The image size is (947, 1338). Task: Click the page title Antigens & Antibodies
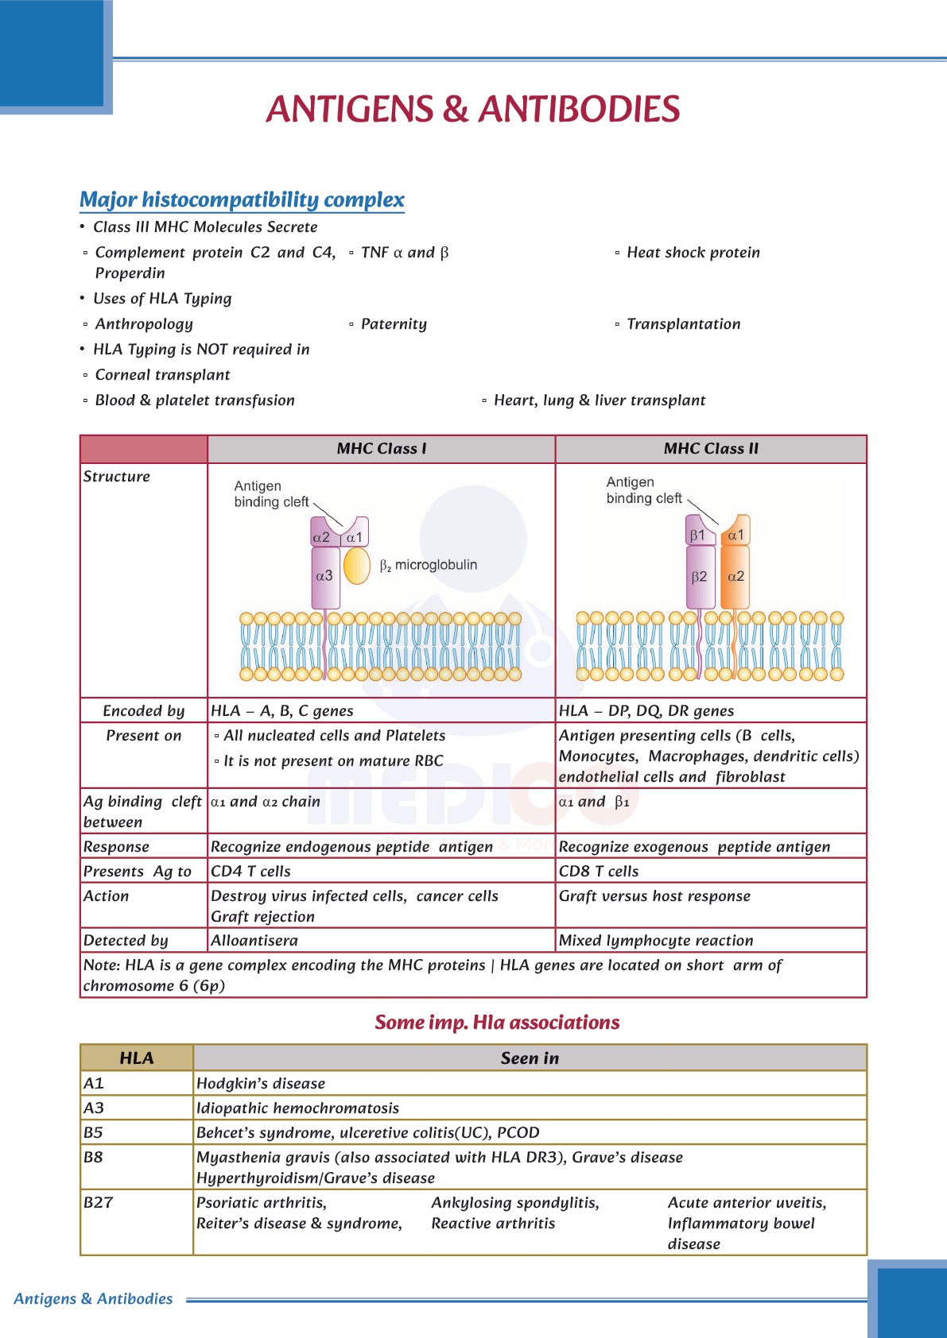pyautogui.click(x=473, y=110)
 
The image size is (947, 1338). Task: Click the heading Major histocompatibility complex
pyautogui.click(x=242, y=199)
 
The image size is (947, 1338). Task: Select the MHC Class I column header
pyautogui.click(x=381, y=449)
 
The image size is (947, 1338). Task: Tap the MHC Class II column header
pyautogui.click(x=711, y=449)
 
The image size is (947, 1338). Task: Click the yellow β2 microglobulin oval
pyautogui.click(x=357, y=566)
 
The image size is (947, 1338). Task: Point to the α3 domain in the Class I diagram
pyautogui.click(x=324, y=576)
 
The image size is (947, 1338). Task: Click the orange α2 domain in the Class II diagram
pyautogui.click(x=736, y=577)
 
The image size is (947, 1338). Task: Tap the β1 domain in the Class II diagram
pyautogui.click(x=697, y=535)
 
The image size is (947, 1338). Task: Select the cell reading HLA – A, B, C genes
pyautogui.click(x=282, y=710)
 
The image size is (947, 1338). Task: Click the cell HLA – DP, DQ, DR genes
pyautogui.click(x=646, y=710)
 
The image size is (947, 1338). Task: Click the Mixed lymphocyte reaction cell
pyautogui.click(x=656, y=940)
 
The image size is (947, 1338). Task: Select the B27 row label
pyautogui.click(x=99, y=1202)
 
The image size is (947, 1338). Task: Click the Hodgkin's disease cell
pyautogui.click(x=261, y=1083)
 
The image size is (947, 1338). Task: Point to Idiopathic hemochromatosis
pyautogui.click(x=297, y=1108)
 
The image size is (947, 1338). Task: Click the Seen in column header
pyautogui.click(x=530, y=1058)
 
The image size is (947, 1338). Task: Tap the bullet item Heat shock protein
pyautogui.click(x=693, y=253)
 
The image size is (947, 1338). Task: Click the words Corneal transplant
pyautogui.click(x=162, y=375)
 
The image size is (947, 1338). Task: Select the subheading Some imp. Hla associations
pyautogui.click(x=497, y=1022)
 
